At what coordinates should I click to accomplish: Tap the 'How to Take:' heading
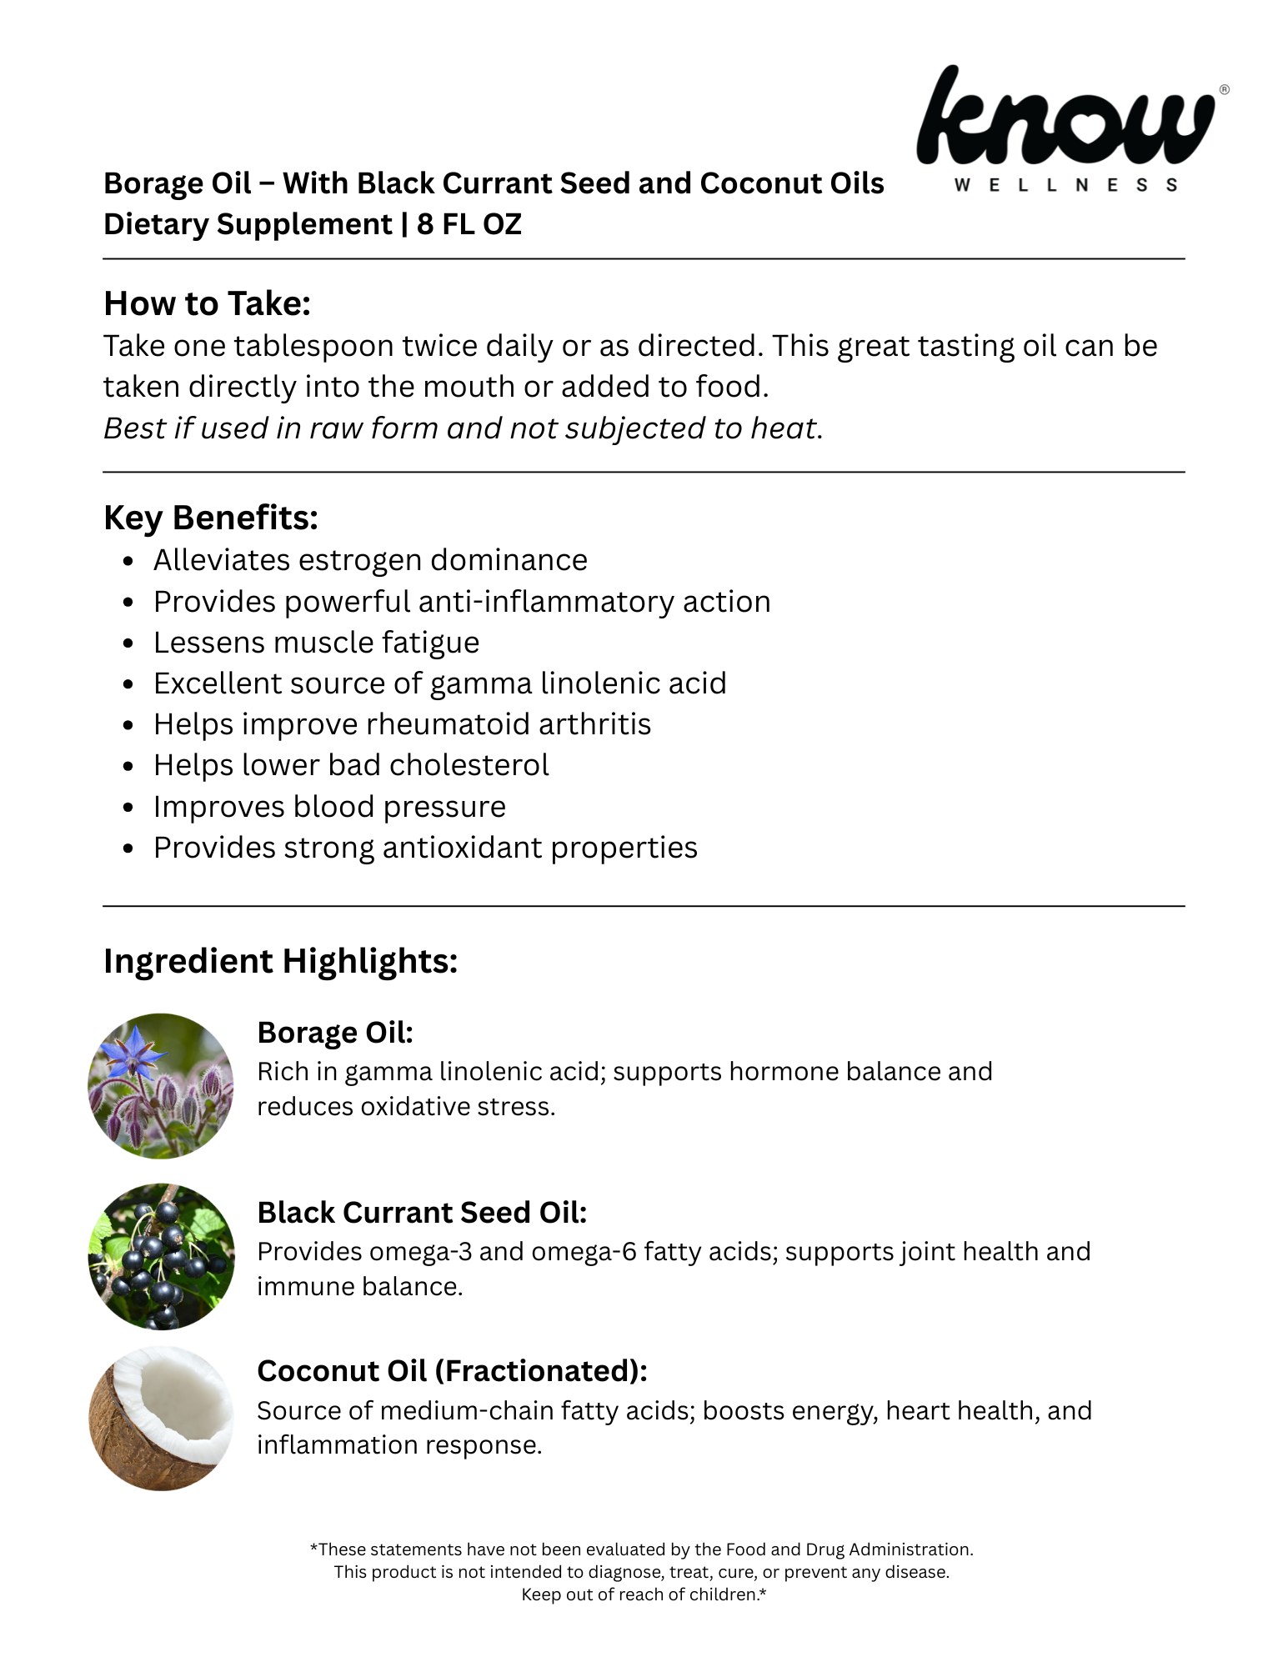click(207, 303)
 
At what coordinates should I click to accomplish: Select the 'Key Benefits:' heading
click(210, 518)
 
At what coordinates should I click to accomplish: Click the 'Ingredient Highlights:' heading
click(280, 961)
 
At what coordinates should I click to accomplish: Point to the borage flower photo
click(161, 1085)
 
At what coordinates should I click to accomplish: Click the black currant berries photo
click(161, 1255)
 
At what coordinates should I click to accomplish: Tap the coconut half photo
click(161, 1418)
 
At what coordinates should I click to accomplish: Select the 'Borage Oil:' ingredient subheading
click(335, 1033)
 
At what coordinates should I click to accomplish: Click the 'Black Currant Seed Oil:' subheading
click(422, 1213)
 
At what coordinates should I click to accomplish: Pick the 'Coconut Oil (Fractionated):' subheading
click(452, 1371)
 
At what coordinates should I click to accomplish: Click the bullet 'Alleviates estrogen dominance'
click(370, 560)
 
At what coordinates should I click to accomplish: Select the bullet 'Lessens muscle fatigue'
click(316, 643)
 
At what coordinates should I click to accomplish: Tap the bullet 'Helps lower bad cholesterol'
click(351, 765)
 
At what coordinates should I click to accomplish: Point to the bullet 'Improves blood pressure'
click(329, 807)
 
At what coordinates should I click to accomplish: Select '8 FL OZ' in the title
click(469, 224)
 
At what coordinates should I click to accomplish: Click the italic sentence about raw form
click(463, 428)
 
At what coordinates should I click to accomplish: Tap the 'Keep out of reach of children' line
click(643, 1594)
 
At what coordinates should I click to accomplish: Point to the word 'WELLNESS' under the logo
click(1066, 185)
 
